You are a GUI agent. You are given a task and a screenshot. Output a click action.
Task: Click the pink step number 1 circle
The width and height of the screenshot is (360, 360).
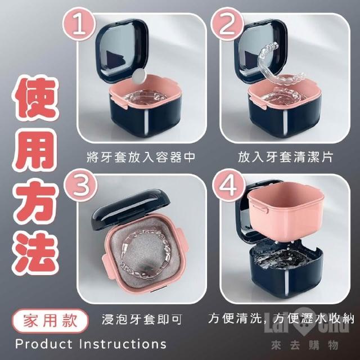[79, 24]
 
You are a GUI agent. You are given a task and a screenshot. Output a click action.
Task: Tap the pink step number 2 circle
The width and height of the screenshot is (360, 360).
[227, 24]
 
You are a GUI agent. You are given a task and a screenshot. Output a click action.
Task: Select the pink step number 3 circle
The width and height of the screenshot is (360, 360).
[80, 185]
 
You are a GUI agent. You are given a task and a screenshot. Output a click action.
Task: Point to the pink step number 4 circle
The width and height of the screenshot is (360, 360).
[228, 185]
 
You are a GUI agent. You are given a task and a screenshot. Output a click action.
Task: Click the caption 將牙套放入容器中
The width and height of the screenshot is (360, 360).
[141, 157]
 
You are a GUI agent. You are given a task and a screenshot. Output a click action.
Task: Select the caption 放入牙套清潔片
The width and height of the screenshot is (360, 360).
[285, 157]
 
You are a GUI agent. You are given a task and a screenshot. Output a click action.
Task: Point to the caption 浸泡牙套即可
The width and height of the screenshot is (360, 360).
[142, 319]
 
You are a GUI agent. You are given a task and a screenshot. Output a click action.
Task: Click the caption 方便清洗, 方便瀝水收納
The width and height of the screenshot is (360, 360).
[281, 318]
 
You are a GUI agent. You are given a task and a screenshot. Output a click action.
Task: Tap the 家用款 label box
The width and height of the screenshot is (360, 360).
[50, 321]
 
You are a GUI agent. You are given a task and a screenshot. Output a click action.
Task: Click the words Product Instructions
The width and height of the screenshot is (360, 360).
[91, 344]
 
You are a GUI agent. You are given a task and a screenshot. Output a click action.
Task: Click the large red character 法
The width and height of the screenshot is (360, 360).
[36, 253]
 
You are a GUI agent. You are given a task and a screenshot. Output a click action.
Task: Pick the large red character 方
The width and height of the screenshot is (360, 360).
[36, 202]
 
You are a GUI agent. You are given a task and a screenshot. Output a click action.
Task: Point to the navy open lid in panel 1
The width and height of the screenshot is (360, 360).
[121, 51]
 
